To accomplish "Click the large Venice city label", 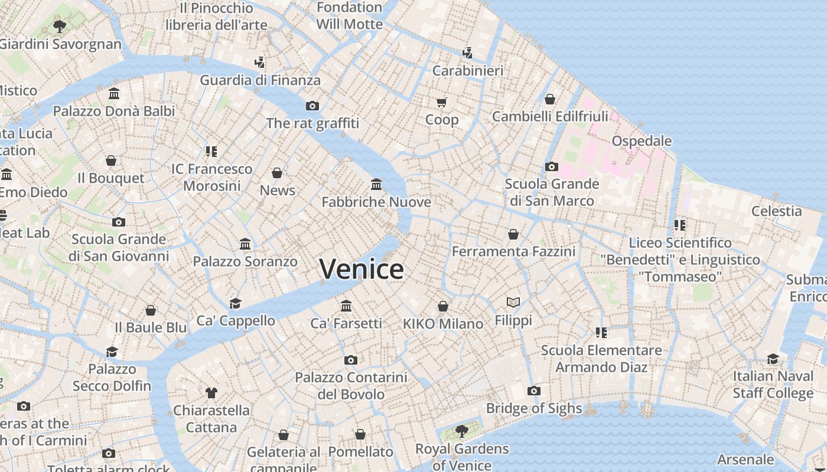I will tap(362, 269).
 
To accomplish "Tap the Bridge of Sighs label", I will tap(533, 408).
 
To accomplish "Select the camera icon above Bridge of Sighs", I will tap(533, 391).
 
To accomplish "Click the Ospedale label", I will tap(642, 141).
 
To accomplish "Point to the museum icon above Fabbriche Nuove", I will tap(376, 185).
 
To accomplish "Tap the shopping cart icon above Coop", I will tap(442, 102).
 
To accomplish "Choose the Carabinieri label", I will tap(468, 71).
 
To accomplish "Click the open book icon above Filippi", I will tap(513, 303).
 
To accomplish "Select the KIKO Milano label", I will tap(443, 323).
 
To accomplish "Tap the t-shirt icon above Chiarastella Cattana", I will tap(211, 392).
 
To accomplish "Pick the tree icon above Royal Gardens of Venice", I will tap(462, 431).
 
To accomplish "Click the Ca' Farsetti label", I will tap(346, 323).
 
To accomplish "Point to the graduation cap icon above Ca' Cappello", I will tap(236, 303).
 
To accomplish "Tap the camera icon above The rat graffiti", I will tap(312, 106).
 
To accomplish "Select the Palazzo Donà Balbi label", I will tap(114, 111).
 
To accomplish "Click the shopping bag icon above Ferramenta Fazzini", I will tap(513, 234).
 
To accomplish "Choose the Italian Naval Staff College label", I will tap(773, 385).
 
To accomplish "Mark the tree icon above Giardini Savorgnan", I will tap(59, 26).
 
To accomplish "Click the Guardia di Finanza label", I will tap(260, 80).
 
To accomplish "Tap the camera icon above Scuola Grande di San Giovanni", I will tap(119, 222).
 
